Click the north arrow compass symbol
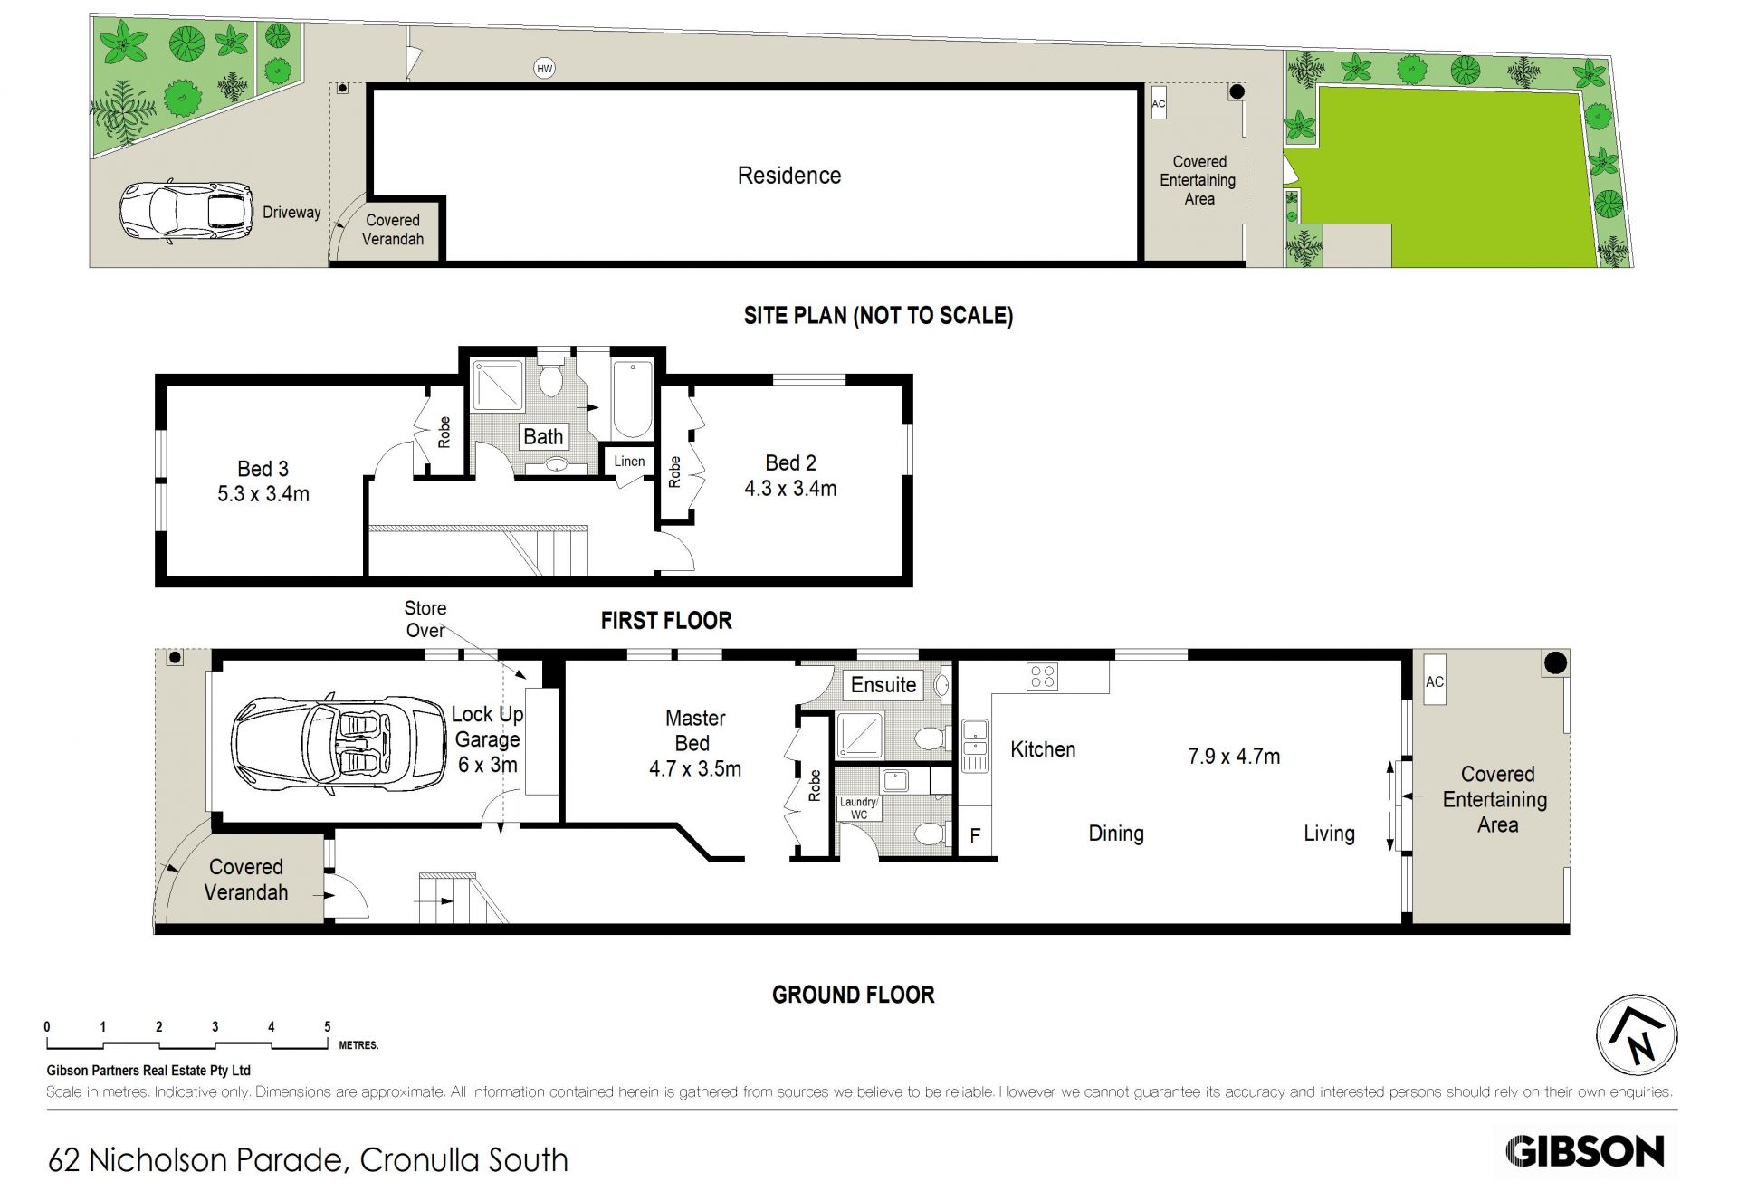tap(1636, 1035)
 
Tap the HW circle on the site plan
tap(544, 68)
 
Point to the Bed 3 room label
tap(263, 469)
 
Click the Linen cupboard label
tap(629, 462)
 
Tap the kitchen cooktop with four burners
tap(1043, 676)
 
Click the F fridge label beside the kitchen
tap(975, 835)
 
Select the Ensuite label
tap(883, 685)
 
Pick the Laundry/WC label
tap(859, 808)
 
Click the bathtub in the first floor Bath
tap(631, 400)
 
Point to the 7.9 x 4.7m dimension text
tap(1234, 757)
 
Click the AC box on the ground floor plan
tap(1435, 682)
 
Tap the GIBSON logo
tap(1585, 1152)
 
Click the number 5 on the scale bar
tap(328, 1026)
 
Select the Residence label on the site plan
tap(789, 176)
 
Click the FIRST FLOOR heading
tap(666, 621)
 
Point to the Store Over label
tap(425, 619)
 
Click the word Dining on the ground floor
tap(1116, 834)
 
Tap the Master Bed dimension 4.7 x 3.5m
tap(695, 769)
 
